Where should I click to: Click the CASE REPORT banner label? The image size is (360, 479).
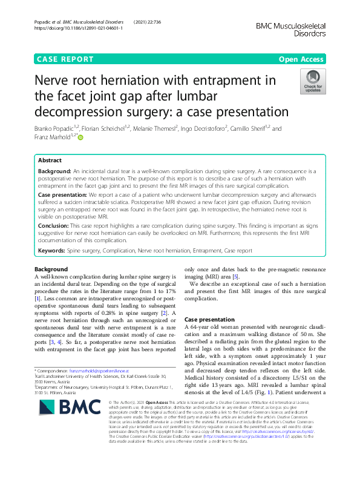[x=65, y=59]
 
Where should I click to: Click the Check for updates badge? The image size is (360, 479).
[x=312, y=82]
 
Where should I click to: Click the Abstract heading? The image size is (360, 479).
[x=50, y=161]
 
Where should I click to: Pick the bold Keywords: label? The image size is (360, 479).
[x=51, y=249]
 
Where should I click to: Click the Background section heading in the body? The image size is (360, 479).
[x=51, y=269]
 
